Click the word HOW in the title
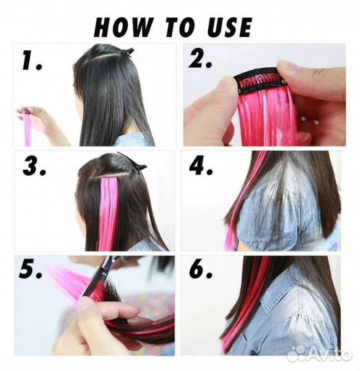pyautogui.click(x=122, y=27)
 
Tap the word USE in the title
pyautogui.click(x=229, y=27)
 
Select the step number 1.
pyautogui.click(x=32, y=61)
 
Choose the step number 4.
pyautogui.click(x=201, y=165)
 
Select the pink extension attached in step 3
pyautogui.click(x=108, y=213)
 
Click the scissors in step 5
pyautogui.click(x=100, y=277)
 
